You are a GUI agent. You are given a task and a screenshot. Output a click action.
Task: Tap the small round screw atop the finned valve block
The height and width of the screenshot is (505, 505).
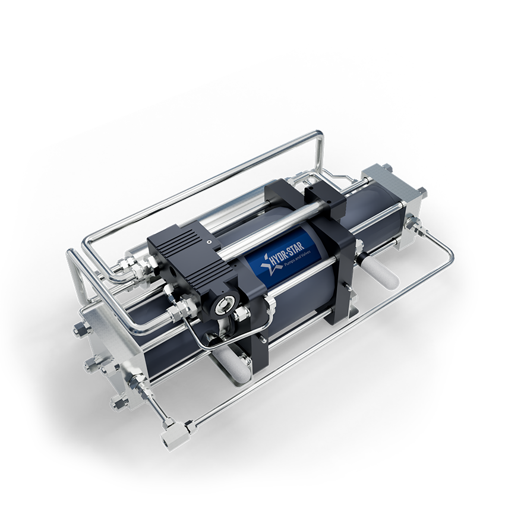[209, 241]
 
